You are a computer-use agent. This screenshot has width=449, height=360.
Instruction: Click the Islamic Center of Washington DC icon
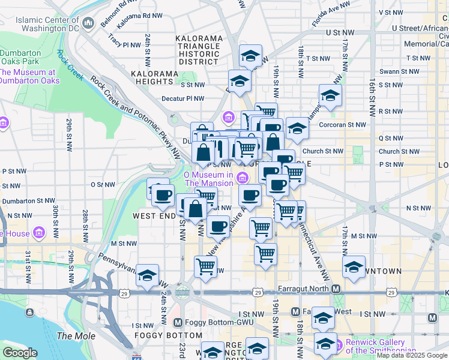point(89,23)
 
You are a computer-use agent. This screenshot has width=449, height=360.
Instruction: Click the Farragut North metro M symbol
point(336,289)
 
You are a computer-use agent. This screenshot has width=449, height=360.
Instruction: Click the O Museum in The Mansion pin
point(242,176)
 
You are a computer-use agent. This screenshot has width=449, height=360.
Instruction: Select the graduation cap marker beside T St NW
point(250,56)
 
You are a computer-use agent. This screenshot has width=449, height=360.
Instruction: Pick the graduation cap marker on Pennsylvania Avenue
point(147,275)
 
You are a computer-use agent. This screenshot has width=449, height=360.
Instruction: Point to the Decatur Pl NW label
point(182,99)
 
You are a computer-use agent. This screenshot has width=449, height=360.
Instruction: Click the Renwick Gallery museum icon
point(336,346)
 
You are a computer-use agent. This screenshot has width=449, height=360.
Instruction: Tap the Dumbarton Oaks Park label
point(19,56)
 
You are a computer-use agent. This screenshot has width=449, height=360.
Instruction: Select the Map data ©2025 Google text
point(412,355)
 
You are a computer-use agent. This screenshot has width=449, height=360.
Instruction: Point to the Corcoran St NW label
point(345,125)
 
